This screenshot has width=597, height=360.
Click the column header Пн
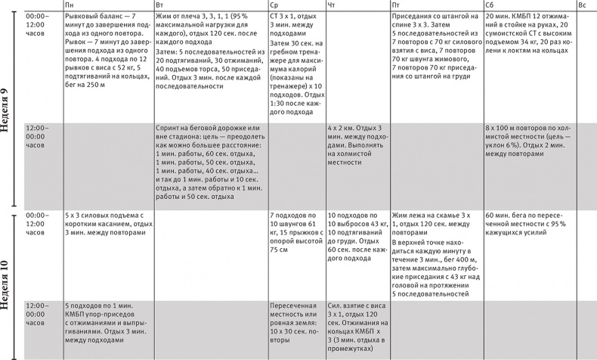tap(70, 5)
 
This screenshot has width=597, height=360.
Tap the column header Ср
tap(274, 5)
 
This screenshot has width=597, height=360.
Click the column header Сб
tap(490, 5)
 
